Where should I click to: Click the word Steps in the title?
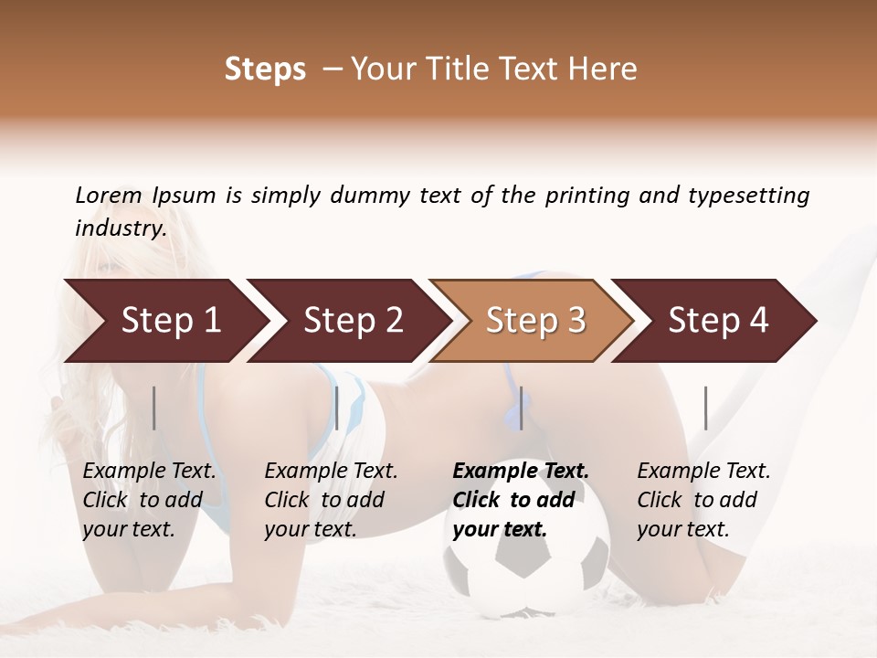(x=265, y=69)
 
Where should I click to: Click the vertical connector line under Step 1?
(x=154, y=408)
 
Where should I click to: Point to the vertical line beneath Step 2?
(x=337, y=408)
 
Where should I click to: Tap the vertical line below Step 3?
(x=521, y=408)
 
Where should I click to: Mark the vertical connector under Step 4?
(x=705, y=408)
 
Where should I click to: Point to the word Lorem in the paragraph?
(x=109, y=195)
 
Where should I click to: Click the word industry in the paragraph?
(x=121, y=228)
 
